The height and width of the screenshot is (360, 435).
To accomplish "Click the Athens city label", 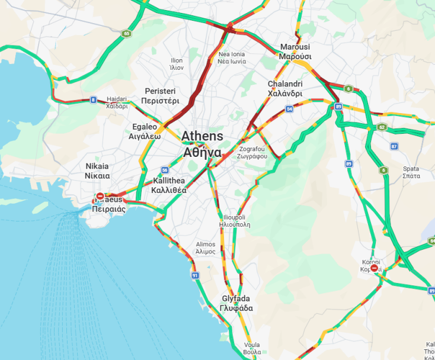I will pyautogui.click(x=202, y=144).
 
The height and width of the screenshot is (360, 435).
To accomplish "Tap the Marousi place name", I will pyautogui.click(x=295, y=52).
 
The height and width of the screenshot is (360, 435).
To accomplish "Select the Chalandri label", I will pyautogui.click(x=285, y=89).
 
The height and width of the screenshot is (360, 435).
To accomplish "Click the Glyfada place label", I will pyautogui.click(x=236, y=303).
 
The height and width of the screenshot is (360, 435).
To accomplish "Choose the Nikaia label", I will pyautogui.click(x=97, y=171).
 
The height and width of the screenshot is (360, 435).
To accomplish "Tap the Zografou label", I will pyautogui.click(x=252, y=153).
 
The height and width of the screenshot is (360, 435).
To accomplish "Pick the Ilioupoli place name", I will pyautogui.click(x=235, y=221).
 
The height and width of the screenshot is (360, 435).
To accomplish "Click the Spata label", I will pyautogui.click(x=411, y=172).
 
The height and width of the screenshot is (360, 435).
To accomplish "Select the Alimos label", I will pyautogui.click(x=206, y=247).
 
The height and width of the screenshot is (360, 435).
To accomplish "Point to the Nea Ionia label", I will pyautogui.click(x=231, y=57).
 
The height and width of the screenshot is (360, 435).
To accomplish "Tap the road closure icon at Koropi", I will pyautogui.click(x=374, y=268).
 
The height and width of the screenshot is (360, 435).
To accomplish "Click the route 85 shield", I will pyautogui.click(x=127, y=34).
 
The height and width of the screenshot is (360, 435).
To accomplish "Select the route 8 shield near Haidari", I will pyautogui.click(x=93, y=99).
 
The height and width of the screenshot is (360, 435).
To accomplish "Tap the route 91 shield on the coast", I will pyautogui.click(x=195, y=275).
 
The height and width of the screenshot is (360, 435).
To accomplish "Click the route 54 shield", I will pyautogui.click(x=289, y=109).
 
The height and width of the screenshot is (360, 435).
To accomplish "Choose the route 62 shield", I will pyautogui.click(x=382, y=127).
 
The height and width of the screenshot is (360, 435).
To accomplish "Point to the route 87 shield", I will pyautogui.click(x=394, y=146).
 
